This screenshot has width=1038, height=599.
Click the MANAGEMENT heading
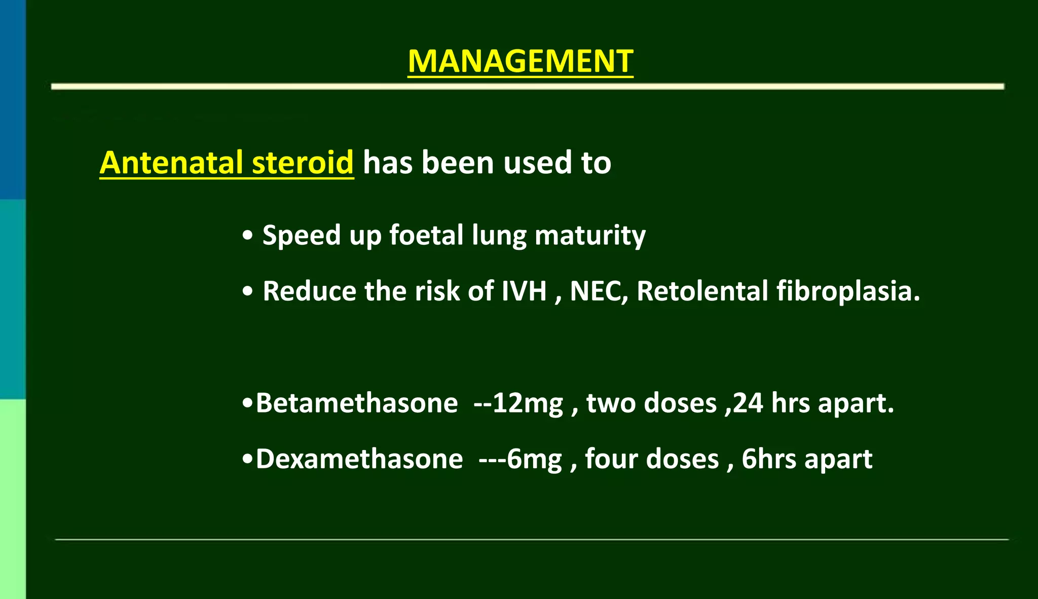coord(520,61)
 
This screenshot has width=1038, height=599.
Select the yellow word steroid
coord(303,163)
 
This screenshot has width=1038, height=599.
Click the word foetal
coord(426,236)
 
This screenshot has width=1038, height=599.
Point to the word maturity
coord(590,236)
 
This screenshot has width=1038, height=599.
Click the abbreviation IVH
coord(524,291)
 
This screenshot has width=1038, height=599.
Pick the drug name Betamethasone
coord(357,403)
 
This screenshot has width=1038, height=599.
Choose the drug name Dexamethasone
coord(359,459)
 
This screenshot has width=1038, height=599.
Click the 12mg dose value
coord(527,403)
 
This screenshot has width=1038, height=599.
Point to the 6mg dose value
coord(534,459)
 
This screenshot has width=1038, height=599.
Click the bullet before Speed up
coord(247,236)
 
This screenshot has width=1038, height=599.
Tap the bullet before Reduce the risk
coord(247,292)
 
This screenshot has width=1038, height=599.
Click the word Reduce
coord(309,291)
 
